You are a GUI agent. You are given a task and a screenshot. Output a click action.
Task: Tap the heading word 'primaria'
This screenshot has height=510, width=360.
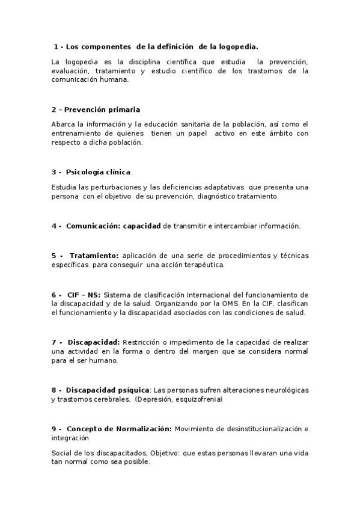coord(123,109)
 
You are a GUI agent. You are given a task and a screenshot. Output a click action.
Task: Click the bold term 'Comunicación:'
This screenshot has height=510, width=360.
coord(93,226)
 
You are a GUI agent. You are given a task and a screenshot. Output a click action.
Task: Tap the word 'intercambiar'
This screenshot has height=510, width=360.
coord(215,226)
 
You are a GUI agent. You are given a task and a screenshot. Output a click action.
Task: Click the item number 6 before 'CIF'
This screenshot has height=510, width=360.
coord(53,295)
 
